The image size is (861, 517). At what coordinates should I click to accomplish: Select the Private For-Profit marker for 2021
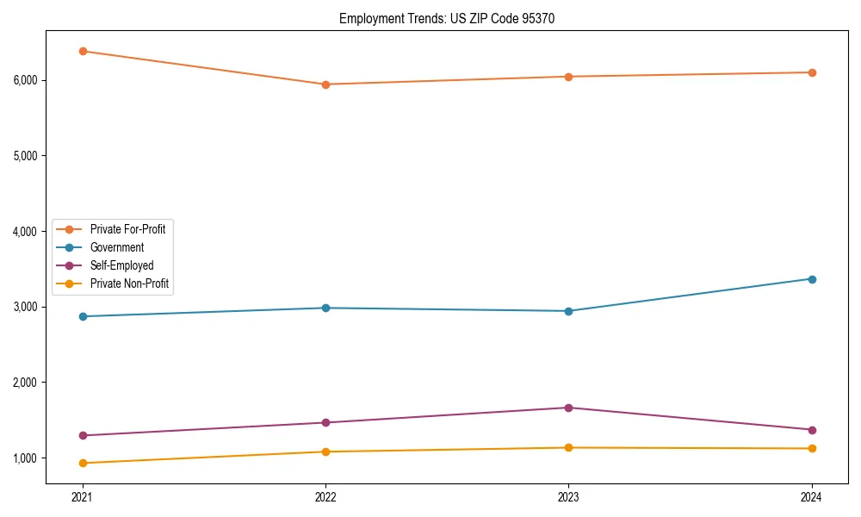point(83,51)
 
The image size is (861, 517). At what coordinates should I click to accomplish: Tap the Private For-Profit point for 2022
point(325,84)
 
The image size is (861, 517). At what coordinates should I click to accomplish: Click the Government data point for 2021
point(83,316)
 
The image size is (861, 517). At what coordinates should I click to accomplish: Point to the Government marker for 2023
point(568,311)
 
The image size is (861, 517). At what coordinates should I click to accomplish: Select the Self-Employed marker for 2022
point(325,422)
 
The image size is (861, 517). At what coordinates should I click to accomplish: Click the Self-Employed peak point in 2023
point(568,408)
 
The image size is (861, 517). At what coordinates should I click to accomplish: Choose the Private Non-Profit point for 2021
point(83,463)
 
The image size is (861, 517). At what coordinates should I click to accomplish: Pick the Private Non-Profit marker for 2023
point(568,447)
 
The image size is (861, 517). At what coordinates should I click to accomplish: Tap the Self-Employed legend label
point(121,265)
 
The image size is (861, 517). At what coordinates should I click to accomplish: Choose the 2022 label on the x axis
point(325,497)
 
